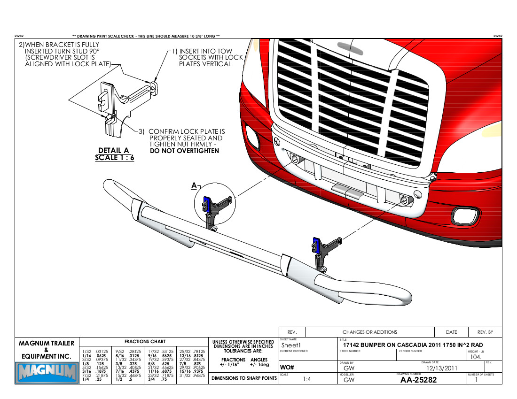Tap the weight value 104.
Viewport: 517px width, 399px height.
(x=475, y=357)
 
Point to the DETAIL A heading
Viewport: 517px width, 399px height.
(x=113, y=151)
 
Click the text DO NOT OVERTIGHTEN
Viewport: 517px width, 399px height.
(x=184, y=151)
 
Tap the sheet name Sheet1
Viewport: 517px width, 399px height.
(x=292, y=345)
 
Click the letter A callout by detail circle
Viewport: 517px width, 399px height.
(x=194, y=186)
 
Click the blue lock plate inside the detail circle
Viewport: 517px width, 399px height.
(x=206, y=204)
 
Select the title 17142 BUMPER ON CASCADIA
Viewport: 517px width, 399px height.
(x=413, y=345)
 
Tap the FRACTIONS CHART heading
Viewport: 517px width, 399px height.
(x=145, y=342)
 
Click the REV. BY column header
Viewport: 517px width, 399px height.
(x=485, y=332)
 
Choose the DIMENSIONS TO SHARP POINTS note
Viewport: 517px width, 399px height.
(x=243, y=378)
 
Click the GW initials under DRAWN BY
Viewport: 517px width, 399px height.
(x=349, y=368)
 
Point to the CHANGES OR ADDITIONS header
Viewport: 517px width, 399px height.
(x=369, y=332)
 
